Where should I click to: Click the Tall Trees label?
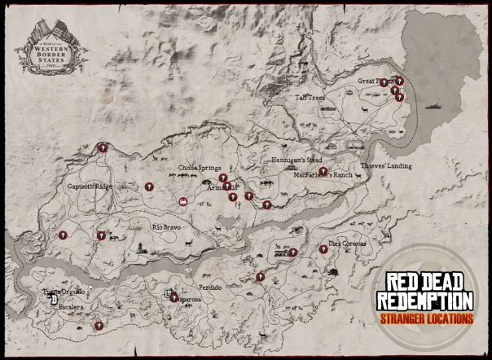[310, 97]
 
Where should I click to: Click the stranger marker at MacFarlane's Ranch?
[323, 172]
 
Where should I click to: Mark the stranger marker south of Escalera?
[98, 325]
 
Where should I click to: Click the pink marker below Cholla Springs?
[183, 200]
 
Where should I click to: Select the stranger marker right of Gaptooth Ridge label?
[149, 187]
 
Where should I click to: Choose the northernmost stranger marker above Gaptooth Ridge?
[103, 147]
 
